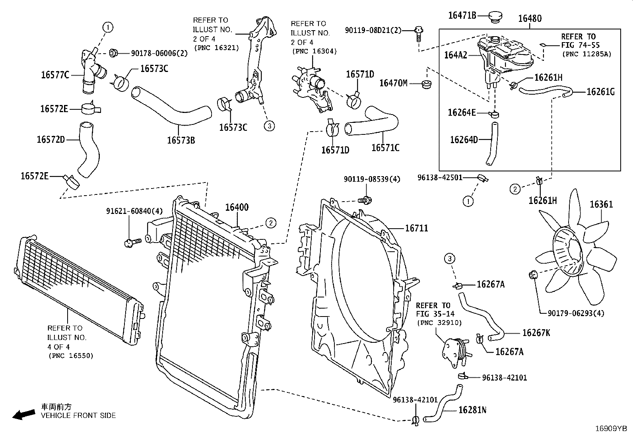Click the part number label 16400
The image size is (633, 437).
tap(237, 207)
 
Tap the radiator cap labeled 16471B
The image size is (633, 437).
tap(495, 17)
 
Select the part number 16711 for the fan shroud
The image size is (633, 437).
tap(417, 228)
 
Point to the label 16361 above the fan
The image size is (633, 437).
tap(601, 204)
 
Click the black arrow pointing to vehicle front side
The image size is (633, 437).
tap(24, 415)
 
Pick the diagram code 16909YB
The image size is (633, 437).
tap(611, 429)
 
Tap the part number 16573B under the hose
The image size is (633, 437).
tap(181, 140)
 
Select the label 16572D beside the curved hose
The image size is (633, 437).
tap(51, 139)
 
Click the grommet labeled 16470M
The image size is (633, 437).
tap(426, 84)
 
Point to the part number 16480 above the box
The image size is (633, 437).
tap(530, 18)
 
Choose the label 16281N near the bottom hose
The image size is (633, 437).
tap(472, 410)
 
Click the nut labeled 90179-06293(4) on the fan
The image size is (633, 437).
tap(533, 274)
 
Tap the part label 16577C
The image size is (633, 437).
tap(55, 75)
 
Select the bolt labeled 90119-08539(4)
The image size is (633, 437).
tap(365, 200)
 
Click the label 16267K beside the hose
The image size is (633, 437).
tap(536, 333)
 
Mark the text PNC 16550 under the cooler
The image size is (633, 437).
tap(71, 355)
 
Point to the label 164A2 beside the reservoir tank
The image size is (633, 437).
tap(456, 55)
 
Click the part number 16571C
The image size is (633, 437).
tap(385, 148)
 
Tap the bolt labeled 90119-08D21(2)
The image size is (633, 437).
tap(419, 33)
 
